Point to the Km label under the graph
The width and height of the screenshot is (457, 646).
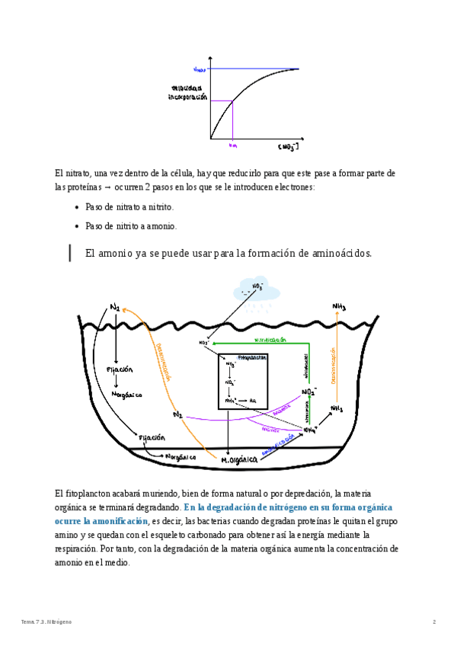click(x=233, y=145)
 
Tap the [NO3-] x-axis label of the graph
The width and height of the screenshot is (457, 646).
click(x=288, y=146)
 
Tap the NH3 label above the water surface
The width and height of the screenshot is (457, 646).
click(x=339, y=307)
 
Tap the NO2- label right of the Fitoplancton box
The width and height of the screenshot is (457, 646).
click(x=309, y=392)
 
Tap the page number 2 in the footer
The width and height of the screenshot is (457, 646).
click(x=434, y=622)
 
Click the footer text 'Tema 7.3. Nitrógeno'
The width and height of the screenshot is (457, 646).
click(x=46, y=622)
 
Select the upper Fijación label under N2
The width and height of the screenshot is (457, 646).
click(x=120, y=369)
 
